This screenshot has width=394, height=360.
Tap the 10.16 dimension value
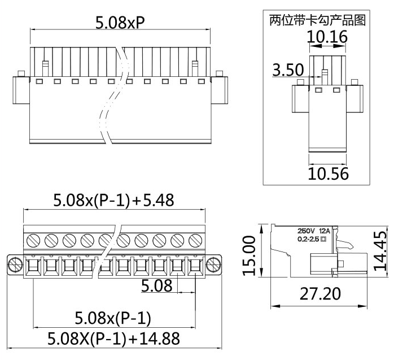point(327,37)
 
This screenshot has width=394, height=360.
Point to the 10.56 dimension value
point(328,173)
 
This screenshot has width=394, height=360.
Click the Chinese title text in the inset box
point(317,20)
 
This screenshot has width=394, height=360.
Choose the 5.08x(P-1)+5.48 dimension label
point(113,200)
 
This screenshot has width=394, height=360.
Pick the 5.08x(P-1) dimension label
point(113,319)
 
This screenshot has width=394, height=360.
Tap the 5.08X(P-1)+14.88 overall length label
point(113,339)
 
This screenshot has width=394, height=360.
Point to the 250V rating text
point(307,231)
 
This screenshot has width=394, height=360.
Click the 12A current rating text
point(325,231)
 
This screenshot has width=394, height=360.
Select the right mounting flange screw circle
point(213,264)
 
